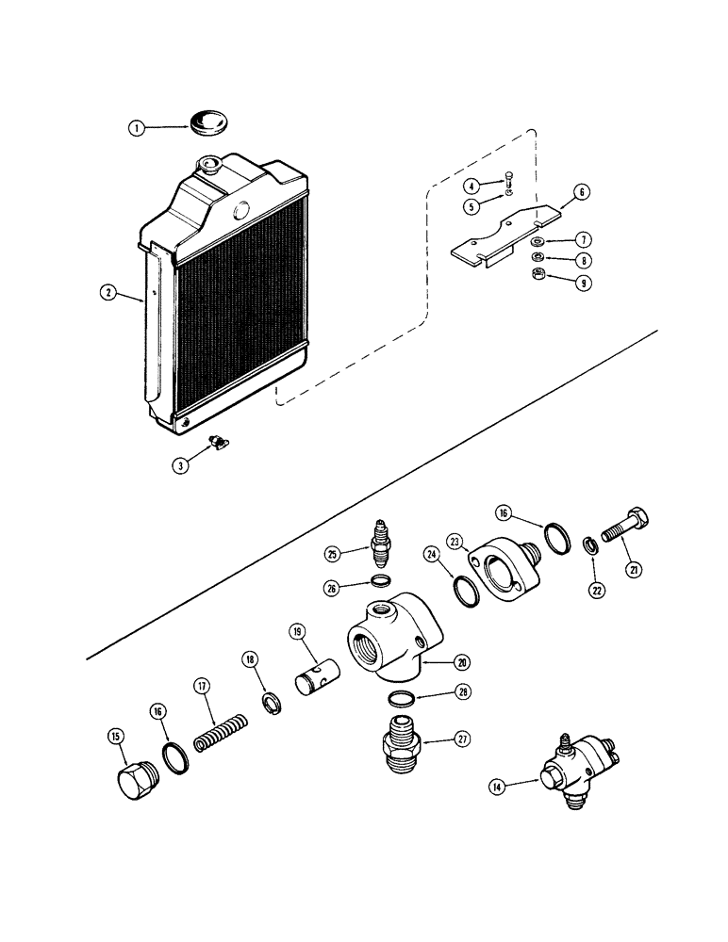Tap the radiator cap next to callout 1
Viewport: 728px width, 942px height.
(207, 122)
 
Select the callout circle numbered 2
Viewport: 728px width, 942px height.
(110, 293)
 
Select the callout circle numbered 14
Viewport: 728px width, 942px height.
(496, 785)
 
